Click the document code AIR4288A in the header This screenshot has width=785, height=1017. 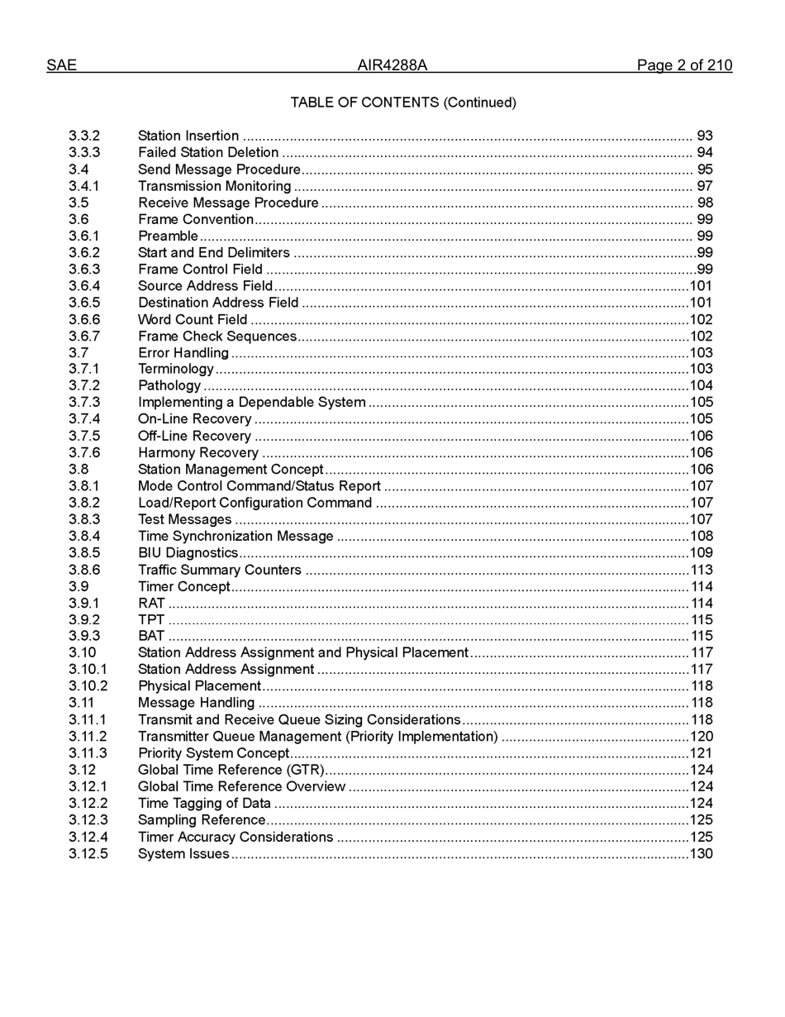[x=392, y=65]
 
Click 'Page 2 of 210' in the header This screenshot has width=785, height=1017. [x=683, y=65]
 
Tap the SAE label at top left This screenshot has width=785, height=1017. [x=61, y=65]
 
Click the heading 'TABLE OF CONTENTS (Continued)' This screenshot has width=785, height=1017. [x=403, y=103]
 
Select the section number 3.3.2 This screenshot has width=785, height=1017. [x=84, y=136]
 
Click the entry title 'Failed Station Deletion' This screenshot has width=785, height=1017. [x=208, y=152]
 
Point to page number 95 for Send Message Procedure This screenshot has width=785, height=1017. [x=704, y=169]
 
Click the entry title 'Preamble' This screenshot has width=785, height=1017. [x=168, y=236]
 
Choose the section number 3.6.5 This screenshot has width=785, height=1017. [x=84, y=303]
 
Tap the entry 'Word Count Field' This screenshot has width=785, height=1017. [x=193, y=320]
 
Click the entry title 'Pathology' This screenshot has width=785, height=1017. [x=169, y=386]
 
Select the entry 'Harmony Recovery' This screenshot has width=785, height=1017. [x=198, y=453]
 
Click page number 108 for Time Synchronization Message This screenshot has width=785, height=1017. [x=702, y=537]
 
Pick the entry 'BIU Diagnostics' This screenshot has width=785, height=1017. [x=188, y=553]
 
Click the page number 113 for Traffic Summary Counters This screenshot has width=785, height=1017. [x=702, y=570]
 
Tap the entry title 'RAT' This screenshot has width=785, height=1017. [x=151, y=604]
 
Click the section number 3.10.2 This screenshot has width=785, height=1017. [x=88, y=686]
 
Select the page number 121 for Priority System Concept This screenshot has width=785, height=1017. [x=702, y=753]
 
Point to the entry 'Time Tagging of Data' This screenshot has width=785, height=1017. [x=204, y=804]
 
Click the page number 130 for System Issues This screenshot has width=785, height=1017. [x=702, y=854]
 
